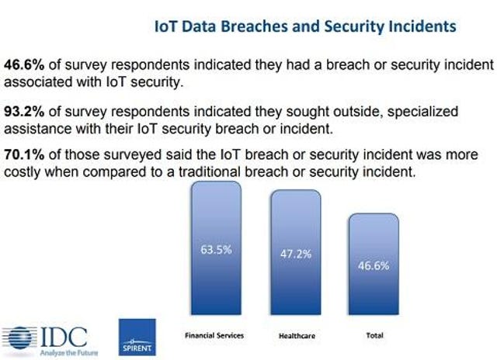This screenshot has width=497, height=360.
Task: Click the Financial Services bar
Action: pos(216,248)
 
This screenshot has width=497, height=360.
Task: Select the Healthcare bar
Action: pos(296,252)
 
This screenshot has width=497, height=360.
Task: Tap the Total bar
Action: pos(374,264)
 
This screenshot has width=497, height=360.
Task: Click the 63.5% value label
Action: pos(216,250)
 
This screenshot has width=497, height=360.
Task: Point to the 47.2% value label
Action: pos(296,254)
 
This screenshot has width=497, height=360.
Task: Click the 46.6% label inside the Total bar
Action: pos(374,265)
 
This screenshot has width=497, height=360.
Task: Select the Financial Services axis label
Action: pos(214,336)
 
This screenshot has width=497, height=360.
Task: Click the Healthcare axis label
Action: pos(297,336)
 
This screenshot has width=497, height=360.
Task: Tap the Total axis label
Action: pos(374,335)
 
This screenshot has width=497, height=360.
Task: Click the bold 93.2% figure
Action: pos(24,112)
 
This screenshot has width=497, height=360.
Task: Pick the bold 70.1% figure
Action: pos(24,155)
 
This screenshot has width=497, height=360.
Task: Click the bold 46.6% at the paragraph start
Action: pos(24,65)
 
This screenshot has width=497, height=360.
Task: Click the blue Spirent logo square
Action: pos(137,337)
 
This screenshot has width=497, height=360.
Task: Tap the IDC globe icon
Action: pos(19,337)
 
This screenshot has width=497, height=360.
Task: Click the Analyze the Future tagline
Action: pos(69,353)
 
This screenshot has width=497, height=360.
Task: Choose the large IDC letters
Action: pos(64,337)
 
